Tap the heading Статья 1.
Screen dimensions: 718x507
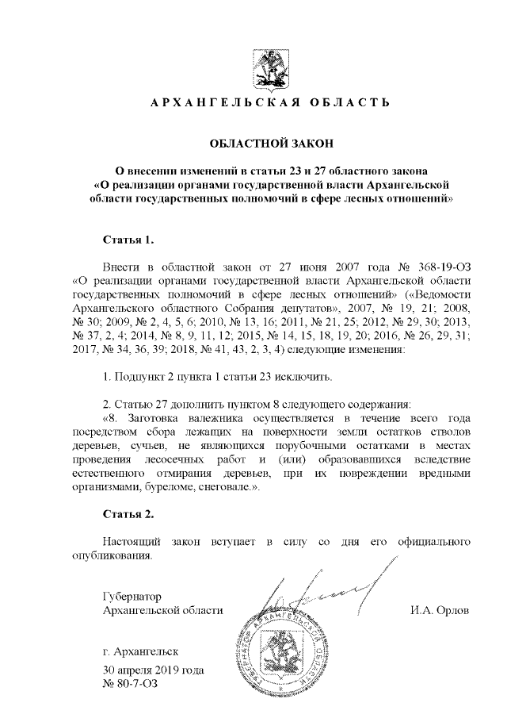(x=128, y=239)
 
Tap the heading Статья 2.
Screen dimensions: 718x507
(x=128, y=515)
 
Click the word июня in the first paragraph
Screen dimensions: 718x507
(x=293, y=265)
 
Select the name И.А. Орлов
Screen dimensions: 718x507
(x=440, y=610)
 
